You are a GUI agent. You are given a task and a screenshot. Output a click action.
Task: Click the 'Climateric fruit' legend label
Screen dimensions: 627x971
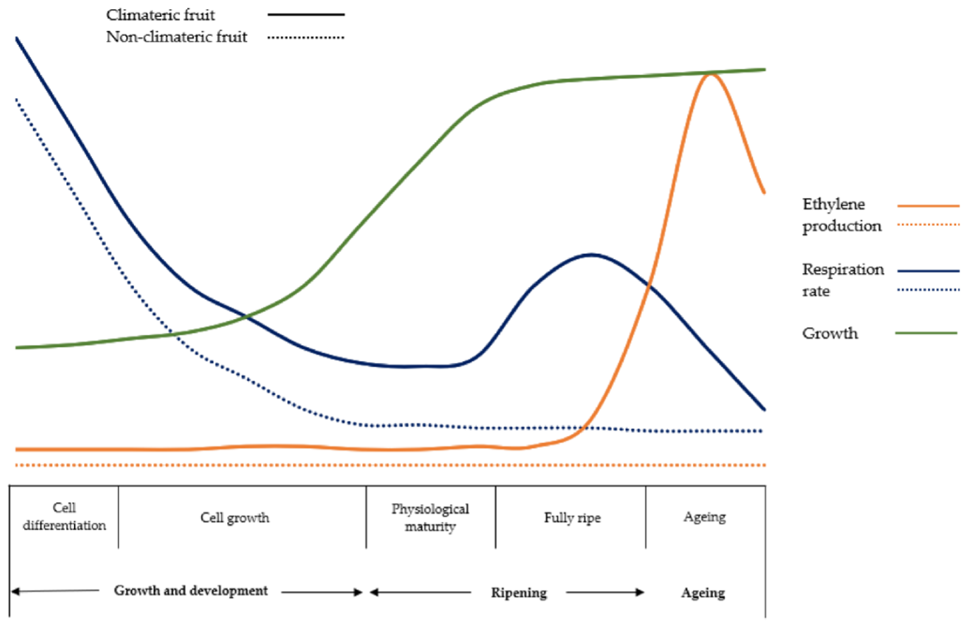[160, 15]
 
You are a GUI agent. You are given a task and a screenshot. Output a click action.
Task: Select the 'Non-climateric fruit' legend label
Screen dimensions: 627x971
[177, 37]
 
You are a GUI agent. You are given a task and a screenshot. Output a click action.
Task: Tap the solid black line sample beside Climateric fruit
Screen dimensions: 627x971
[305, 14]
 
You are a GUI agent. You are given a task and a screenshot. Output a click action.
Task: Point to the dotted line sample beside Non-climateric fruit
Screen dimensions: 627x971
[305, 37]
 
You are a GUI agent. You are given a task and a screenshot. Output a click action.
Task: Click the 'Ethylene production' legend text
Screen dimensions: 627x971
[842, 214]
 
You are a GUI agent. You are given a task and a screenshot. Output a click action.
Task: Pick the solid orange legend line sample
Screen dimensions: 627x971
[928, 205]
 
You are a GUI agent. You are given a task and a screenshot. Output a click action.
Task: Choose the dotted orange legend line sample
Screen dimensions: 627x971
[928, 225]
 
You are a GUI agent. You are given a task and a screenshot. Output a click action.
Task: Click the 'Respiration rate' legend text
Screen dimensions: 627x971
[842, 280]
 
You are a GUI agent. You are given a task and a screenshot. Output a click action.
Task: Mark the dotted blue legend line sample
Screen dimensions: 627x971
[928, 290]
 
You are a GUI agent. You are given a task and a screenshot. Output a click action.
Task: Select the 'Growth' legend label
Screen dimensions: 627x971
[830, 333]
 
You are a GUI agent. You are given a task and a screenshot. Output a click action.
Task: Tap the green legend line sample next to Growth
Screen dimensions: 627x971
[926, 333]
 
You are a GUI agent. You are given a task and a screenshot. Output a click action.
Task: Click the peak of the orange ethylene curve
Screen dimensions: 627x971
[711, 75]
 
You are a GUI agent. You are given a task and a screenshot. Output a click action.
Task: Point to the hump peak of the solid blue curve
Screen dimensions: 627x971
[592, 254]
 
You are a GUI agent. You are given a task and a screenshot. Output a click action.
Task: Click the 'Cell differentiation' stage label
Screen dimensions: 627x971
[64, 517]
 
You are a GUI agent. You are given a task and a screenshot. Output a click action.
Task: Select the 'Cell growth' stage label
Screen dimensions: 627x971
[235, 518]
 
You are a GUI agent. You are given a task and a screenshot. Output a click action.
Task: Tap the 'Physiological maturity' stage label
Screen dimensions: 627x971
[430, 517]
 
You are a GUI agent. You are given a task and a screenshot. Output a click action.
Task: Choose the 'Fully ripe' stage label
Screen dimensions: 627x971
[572, 518]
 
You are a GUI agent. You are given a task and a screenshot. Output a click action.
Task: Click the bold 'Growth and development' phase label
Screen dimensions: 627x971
[191, 590]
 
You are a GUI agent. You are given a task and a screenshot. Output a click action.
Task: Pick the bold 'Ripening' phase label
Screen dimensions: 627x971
[519, 592]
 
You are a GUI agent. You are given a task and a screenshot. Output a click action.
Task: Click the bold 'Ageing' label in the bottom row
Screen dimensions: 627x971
[703, 592]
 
